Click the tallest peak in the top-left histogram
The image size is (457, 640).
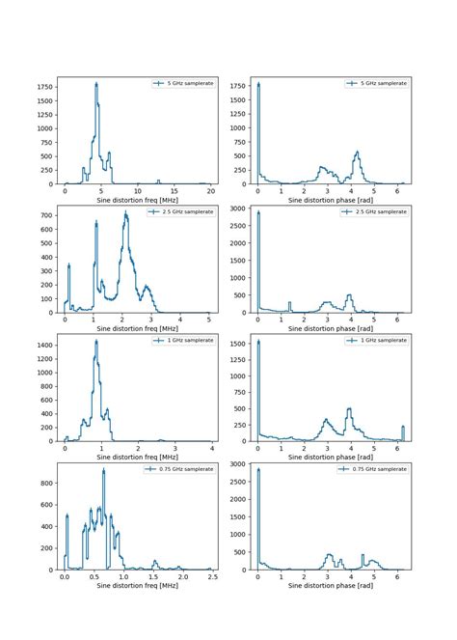pos(96,84)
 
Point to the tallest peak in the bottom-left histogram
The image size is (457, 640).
pos(103,470)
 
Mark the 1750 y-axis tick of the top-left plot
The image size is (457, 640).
pos(43,87)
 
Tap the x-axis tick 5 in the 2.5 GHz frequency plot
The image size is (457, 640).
pos(209,320)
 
